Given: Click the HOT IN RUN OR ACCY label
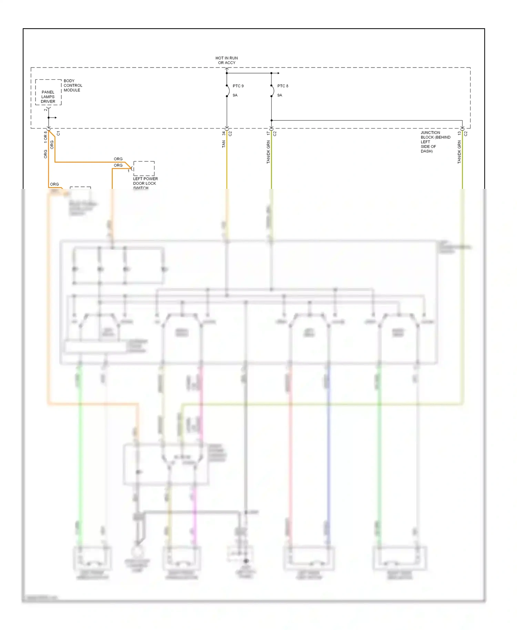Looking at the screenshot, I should [226, 60].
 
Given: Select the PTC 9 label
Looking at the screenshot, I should [238, 86].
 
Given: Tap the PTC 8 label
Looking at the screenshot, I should [283, 86].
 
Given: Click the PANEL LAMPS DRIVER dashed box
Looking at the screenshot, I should [48, 92].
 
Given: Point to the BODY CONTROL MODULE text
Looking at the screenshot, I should [73, 85].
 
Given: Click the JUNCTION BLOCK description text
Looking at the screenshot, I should [435, 142].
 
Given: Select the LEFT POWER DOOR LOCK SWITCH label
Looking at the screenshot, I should [145, 183].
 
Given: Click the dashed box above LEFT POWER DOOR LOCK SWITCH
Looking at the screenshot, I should [144, 168].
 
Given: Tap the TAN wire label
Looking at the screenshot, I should [223, 144].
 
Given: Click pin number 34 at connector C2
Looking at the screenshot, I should [223, 133].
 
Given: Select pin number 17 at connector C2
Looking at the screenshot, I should [268, 133].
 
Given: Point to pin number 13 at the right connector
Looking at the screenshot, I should [459, 133].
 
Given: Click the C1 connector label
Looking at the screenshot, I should [58, 133].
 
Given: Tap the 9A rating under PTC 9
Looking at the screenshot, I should [235, 95].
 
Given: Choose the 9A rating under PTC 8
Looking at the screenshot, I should [280, 95].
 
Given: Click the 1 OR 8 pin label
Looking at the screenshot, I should [45, 137].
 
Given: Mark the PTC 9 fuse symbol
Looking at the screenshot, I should [227, 91].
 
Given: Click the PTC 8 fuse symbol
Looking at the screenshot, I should [272, 91].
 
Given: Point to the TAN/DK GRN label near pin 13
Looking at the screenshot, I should [459, 152].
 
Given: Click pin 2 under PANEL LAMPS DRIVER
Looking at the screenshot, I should [45, 110].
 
